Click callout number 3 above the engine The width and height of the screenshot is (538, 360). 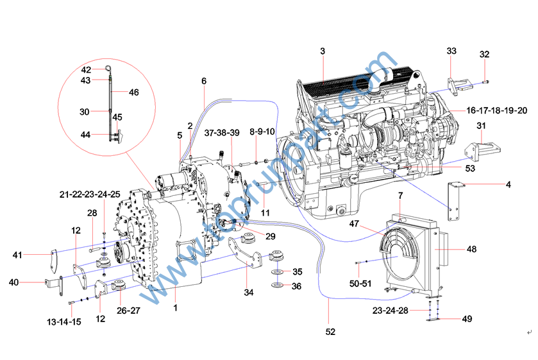[323, 51]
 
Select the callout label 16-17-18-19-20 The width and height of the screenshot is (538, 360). [497, 110]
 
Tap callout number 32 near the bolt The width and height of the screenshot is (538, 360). [484, 55]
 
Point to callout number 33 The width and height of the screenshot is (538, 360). [451, 51]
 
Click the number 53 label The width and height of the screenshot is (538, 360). [471, 169]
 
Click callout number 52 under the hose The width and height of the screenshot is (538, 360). [330, 332]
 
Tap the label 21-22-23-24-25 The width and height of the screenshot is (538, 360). [90, 194]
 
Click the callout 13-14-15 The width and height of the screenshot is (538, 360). [63, 321]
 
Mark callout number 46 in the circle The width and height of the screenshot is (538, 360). [133, 92]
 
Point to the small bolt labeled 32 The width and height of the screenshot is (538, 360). [486, 81]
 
